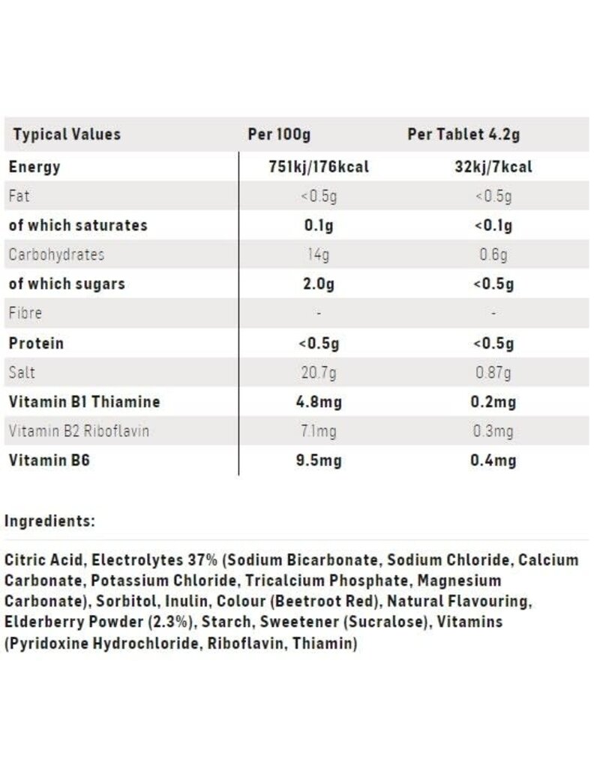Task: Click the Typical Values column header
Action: pos(67,135)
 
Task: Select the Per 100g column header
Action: pos(279,135)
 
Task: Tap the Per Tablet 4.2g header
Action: pos(463,135)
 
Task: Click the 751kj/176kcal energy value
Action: pos(319,166)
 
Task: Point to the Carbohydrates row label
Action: pos(56,254)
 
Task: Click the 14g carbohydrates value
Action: pos(319,255)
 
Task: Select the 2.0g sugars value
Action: pos(319,284)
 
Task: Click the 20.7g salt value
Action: pos(319,373)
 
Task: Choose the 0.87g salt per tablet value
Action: pos(493,373)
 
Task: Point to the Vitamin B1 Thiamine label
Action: pos(84,402)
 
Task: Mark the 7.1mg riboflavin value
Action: pos(319,431)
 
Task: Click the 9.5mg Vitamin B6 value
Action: pos(319,460)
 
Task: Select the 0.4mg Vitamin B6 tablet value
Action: pos(493,460)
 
